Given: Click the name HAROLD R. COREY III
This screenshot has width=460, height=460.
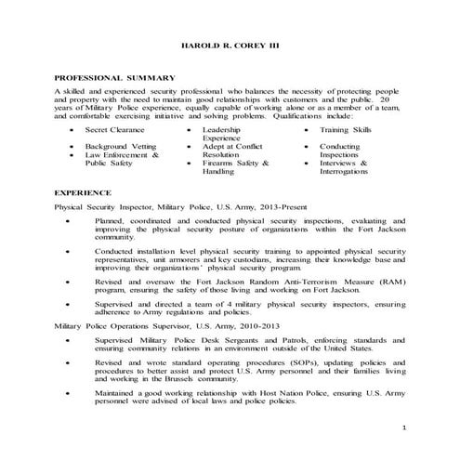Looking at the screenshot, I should tap(230, 46).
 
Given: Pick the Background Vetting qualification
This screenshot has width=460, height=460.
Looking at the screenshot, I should tap(120, 146).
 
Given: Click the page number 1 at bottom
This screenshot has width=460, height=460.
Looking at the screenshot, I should tap(405, 427).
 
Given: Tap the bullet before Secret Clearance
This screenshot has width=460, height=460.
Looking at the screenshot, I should tap(72, 131).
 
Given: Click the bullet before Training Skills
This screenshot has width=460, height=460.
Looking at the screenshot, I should tap(307, 131).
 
